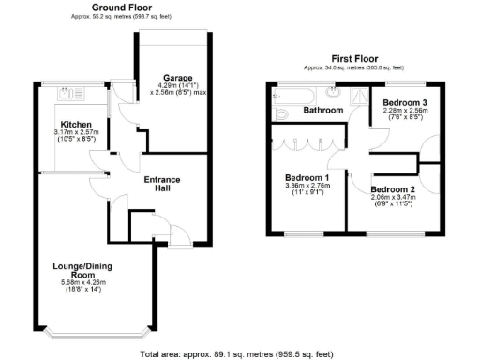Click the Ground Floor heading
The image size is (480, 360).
coord(123,7)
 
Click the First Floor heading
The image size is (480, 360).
coord(354,59)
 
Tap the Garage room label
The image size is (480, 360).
coord(178,78)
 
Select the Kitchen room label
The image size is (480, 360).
coord(75,124)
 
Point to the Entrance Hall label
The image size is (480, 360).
coord(161,185)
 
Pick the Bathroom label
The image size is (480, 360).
coord(322,111)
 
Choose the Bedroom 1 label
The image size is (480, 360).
coord(307,177)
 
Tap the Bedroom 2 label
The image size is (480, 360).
coord(392,187)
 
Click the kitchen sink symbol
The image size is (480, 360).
coord(67,95)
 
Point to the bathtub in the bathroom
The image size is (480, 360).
coord(298,93)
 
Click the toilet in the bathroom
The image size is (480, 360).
coord(280,112)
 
